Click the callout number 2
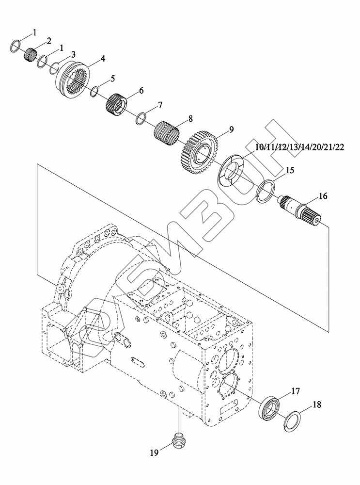(x=48, y=40)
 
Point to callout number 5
(x=112, y=78)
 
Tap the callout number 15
(x=289, y=170)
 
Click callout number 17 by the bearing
(x=295, y=391)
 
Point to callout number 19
(x=155, y=453)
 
